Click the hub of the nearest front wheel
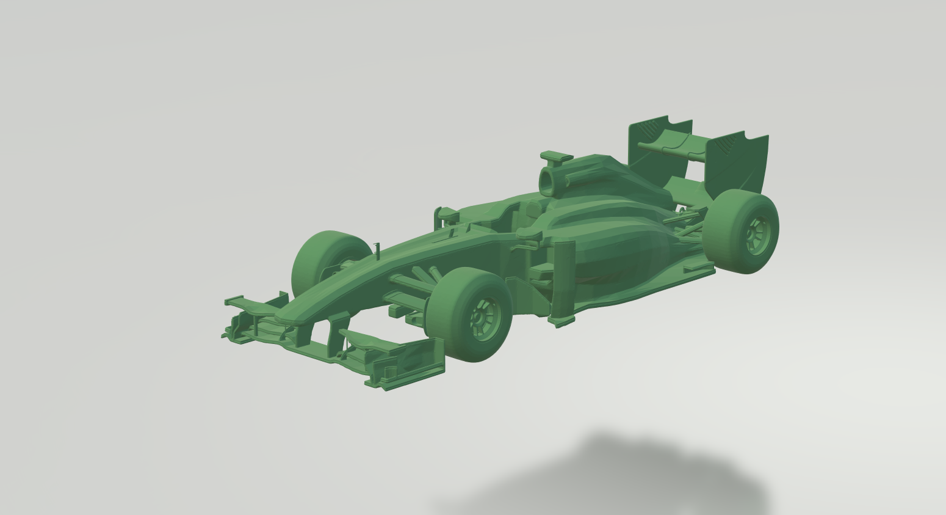tap(484, 316)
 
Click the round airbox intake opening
tap(548, 180)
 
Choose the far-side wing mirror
tap(446, 214)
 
